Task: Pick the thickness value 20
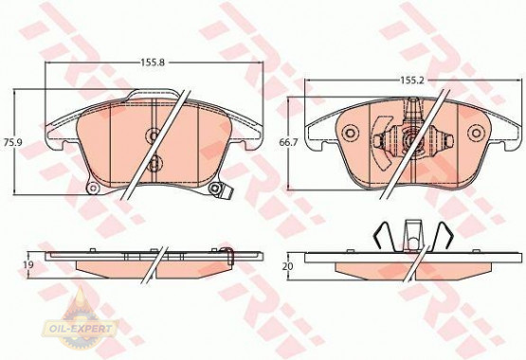point(288,268)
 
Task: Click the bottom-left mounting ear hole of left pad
point(93,189)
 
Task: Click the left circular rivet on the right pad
point(348,134)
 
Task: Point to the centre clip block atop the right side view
point(410,231)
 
